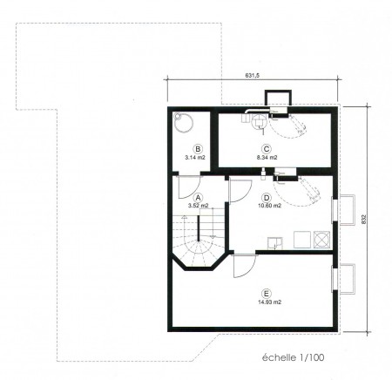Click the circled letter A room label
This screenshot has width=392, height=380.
199,198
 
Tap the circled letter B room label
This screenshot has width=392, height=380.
198,149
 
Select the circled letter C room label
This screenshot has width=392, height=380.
266,149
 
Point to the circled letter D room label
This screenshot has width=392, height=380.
266,198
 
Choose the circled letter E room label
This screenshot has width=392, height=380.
265,293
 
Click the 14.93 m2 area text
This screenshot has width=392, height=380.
269,302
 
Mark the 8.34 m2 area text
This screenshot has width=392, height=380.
266,158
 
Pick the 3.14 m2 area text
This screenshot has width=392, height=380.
195,158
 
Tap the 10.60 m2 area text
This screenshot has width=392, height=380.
269,206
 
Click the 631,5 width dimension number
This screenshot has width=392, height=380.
253,76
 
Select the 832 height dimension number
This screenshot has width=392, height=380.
365,219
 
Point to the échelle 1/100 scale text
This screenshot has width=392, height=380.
293,357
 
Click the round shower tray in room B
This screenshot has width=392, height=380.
184,122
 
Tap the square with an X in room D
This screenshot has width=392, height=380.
321,240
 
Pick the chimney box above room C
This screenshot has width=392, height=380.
278,98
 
